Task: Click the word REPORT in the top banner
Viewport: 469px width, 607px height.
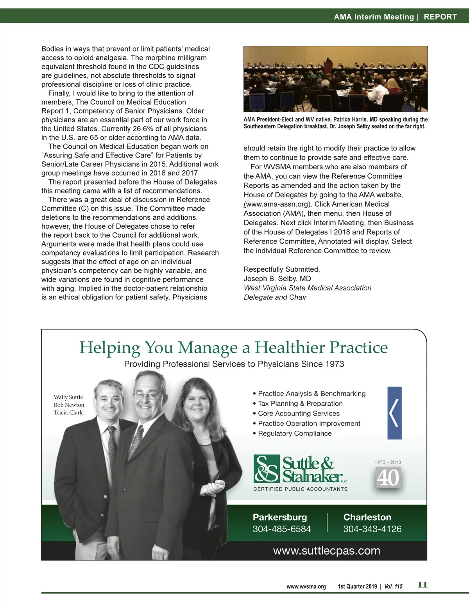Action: point(440,17)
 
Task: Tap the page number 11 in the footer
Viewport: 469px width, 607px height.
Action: point(422,585)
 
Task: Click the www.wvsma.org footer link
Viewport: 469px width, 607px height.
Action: point(306,586)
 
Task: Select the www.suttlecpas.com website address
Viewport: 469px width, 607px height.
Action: point(326,551)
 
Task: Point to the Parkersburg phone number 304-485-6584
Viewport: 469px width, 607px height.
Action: point(281,529)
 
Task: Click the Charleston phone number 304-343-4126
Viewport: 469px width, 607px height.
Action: point(372,529)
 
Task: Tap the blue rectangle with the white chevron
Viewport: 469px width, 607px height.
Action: point(394,413)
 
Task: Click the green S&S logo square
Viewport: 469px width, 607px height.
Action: point(267,468)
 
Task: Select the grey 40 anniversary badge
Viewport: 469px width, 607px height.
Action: point(388,477)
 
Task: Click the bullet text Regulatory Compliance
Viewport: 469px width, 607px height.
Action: point(295,433)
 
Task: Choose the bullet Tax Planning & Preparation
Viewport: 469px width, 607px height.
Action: point(300,404)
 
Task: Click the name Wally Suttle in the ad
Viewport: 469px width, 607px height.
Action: point(68,397)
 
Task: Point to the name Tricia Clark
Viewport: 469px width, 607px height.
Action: point(68,413)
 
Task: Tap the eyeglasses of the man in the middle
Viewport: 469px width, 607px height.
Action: point(147,396)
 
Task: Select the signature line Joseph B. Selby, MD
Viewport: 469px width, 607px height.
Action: point(277,279)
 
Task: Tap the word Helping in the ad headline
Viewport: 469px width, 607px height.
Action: point(110,347)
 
